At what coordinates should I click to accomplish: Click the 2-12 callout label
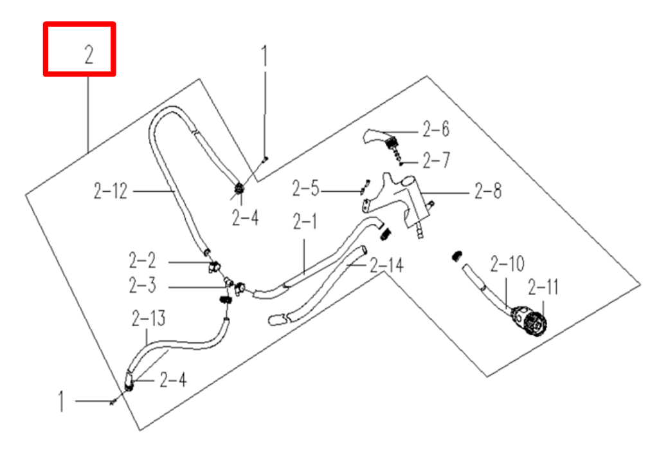(x=111, y=191)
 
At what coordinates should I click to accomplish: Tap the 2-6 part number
(x=436, y=130)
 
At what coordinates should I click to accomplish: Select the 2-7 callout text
(x=436, y=160)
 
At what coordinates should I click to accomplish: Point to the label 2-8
(x=488, y=191)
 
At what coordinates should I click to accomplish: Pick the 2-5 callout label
(x=305, y=189)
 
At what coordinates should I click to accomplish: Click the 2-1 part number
(x=305, y=223)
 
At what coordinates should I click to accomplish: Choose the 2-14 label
(x=386, y=265)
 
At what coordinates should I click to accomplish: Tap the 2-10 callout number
(x=507, y=264)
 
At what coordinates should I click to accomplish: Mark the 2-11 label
(x=543, y=287)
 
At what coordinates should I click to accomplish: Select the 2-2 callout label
(x=142, y=261)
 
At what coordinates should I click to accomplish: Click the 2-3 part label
(x=142, y=285)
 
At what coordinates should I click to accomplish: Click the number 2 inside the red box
(x=89, y=56)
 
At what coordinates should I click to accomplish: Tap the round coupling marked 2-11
(x=534, y=322)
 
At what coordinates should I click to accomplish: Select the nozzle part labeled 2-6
(x=381, y=136)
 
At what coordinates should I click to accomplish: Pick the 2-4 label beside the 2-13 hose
(x=173, y=380)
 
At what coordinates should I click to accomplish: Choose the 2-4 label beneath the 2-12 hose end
(x=245, y=219)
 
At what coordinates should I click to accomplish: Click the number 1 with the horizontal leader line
(x=62, y=403)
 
